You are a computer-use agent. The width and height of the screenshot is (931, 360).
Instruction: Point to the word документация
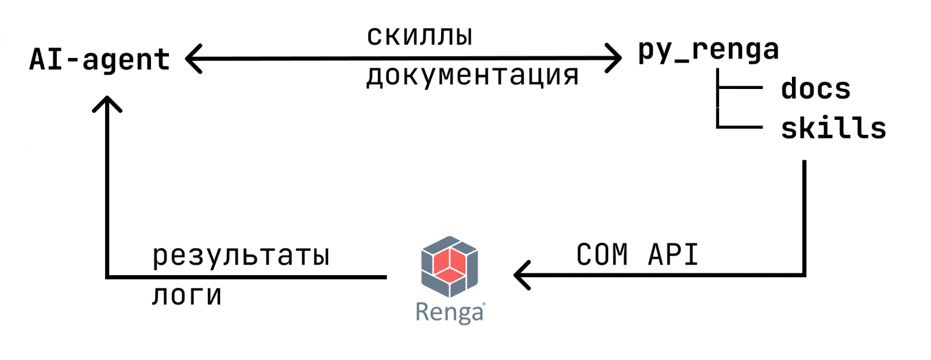point(471,76)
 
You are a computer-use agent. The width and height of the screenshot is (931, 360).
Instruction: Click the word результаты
point(241,257)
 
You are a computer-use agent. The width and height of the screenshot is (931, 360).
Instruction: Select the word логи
point(186,296)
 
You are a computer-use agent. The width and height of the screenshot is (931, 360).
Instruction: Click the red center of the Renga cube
point(449,263)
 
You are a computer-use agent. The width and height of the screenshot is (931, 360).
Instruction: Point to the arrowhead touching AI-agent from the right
point(192,59)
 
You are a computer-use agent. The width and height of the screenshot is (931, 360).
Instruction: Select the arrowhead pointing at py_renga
point(616,59)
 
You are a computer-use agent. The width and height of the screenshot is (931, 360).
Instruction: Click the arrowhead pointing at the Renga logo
point(520,275)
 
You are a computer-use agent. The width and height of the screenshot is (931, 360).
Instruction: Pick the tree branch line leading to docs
point(740,88)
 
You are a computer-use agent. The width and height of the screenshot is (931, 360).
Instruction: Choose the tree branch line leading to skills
point(740,127)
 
